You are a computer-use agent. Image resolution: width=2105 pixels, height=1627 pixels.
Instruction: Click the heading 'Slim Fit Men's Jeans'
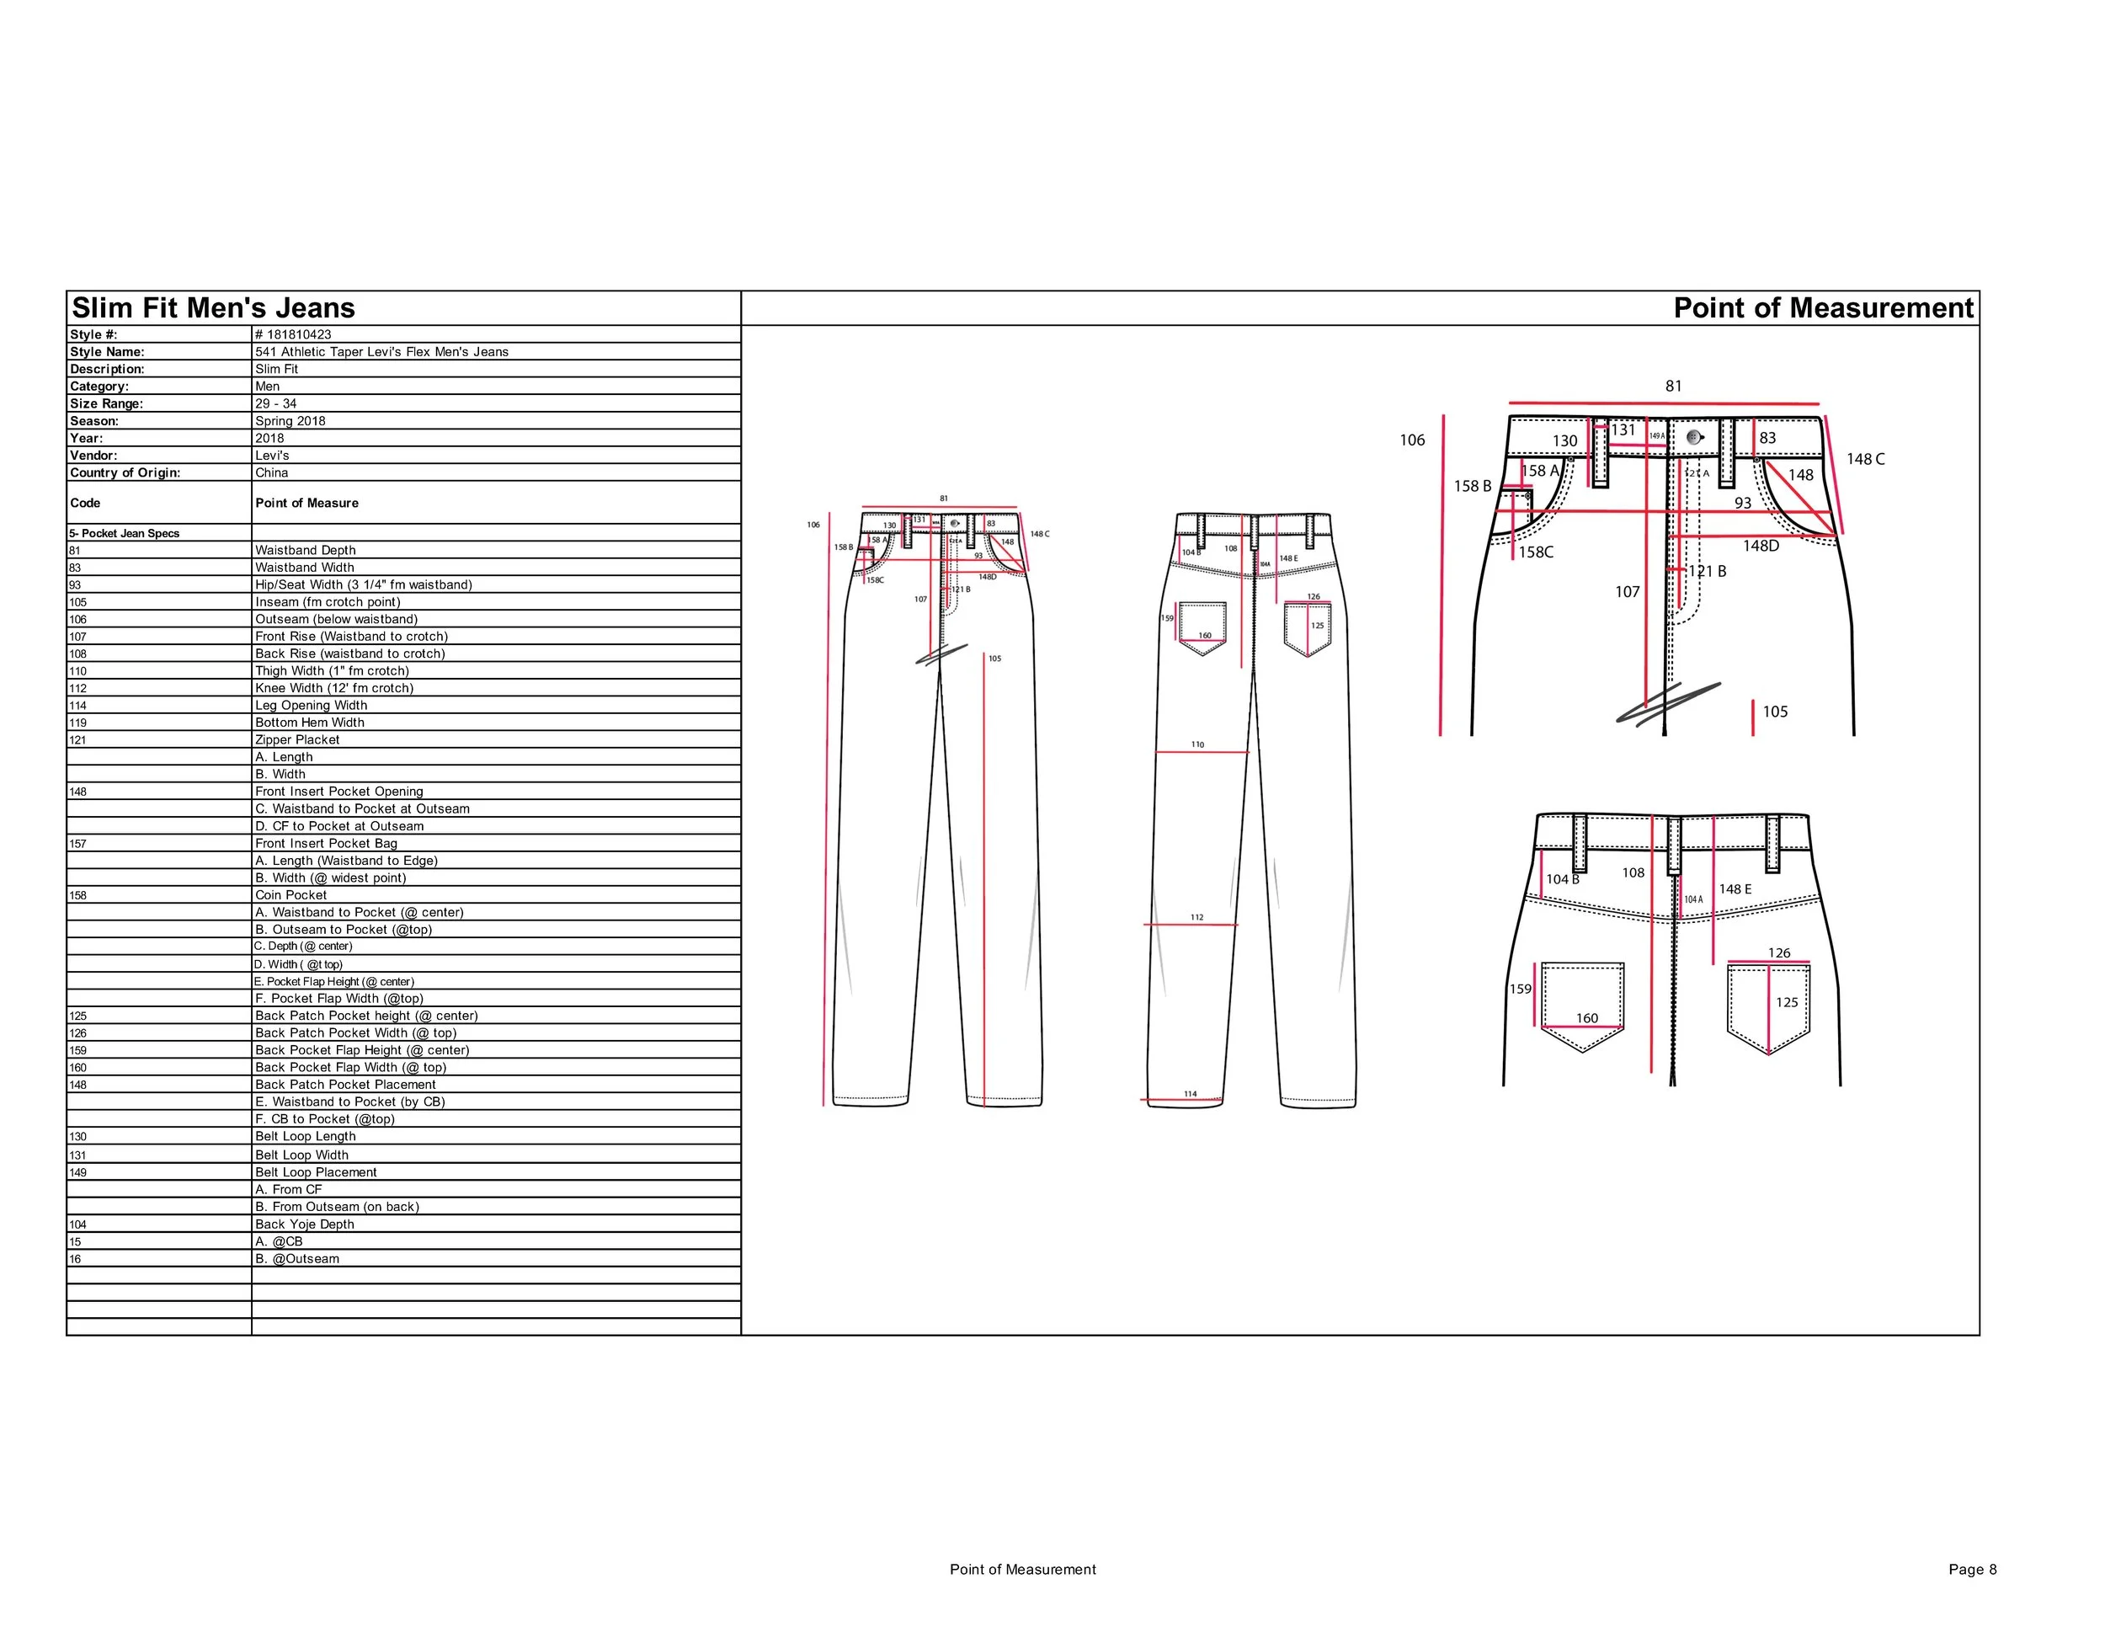[x=213, y=307]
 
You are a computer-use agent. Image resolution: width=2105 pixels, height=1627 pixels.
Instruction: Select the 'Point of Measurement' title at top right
[x=1823, y=307]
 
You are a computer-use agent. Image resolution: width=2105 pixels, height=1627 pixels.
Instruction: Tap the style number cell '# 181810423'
[x=293, y=334]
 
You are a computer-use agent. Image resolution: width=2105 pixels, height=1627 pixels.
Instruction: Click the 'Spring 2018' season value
[x=290, y=421]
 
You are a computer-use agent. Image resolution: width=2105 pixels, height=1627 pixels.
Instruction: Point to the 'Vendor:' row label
[x=93, y=455]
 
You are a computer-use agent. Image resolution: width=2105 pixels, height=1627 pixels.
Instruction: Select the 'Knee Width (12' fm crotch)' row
[x=333, y=688]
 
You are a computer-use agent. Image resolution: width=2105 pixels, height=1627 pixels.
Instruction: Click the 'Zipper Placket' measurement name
[x=297, y=739]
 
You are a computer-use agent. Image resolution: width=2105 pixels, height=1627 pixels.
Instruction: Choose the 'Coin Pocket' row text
[x=290, y=894]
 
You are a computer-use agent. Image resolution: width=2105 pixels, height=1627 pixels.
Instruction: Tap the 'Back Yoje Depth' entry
[x=305, y=1224]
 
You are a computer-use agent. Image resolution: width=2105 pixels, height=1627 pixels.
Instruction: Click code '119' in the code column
[x=78, y=723]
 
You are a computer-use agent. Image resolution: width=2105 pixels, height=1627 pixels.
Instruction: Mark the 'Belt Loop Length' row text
[x=306, y=1136]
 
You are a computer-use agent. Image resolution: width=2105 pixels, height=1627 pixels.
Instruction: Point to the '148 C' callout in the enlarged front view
[x=1865, y=459]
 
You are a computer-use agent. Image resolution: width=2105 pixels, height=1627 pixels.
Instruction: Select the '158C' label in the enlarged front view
[x=1535, y=552]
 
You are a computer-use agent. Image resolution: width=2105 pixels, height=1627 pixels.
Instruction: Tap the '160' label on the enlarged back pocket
[x=1586, y=1018]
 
